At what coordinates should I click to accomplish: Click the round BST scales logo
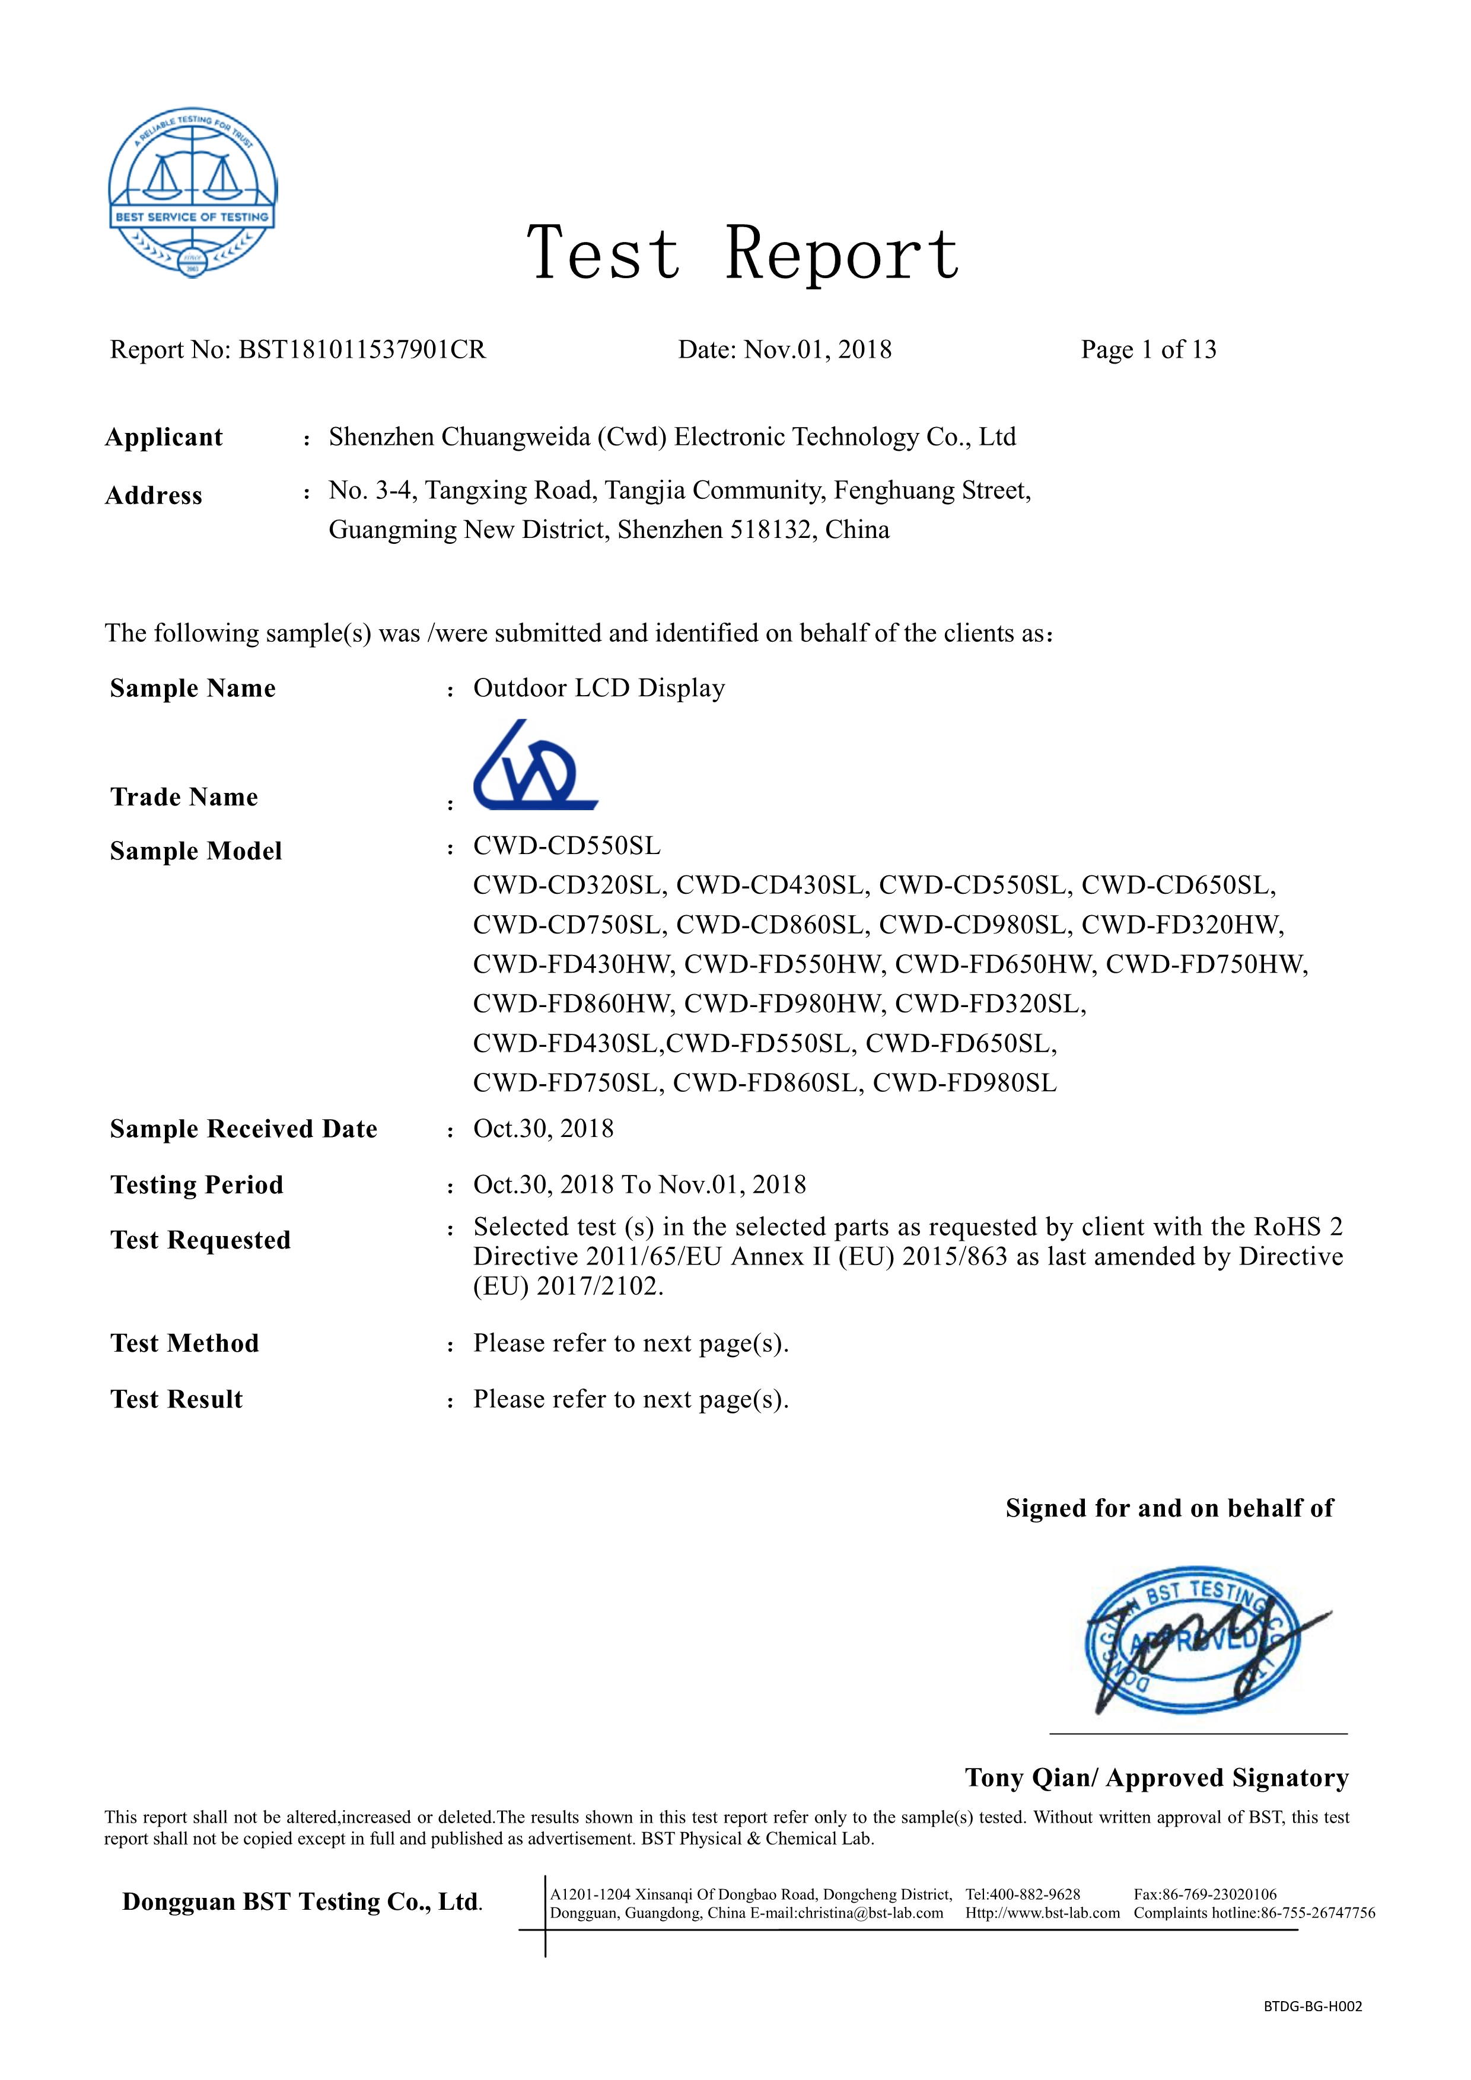click(x=192, y=192)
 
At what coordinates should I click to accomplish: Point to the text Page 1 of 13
click(x=1148, y=350)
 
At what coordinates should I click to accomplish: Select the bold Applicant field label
click(x=164, y=438)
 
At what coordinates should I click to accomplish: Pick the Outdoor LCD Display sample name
click(x=598, y=689)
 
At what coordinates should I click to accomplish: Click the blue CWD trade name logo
click(x=534, y=766)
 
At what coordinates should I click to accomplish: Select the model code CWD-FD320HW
click(x=1182, y=925)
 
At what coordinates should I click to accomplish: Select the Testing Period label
click(x=196, y=1185)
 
